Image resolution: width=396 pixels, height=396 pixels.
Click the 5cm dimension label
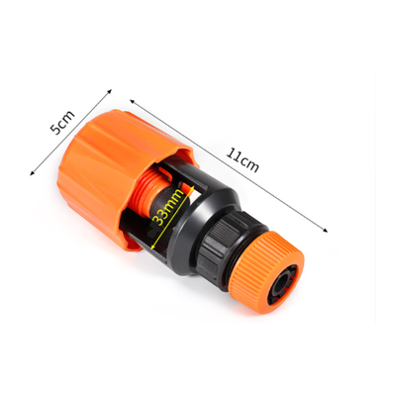(62, 123)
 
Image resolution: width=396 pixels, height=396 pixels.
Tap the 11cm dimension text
(243, 160)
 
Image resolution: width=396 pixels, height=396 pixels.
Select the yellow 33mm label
(168, 208)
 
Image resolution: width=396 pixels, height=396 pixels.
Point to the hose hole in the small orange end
(282, 283)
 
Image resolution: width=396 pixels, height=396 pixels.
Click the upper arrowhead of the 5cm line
(110, 90)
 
